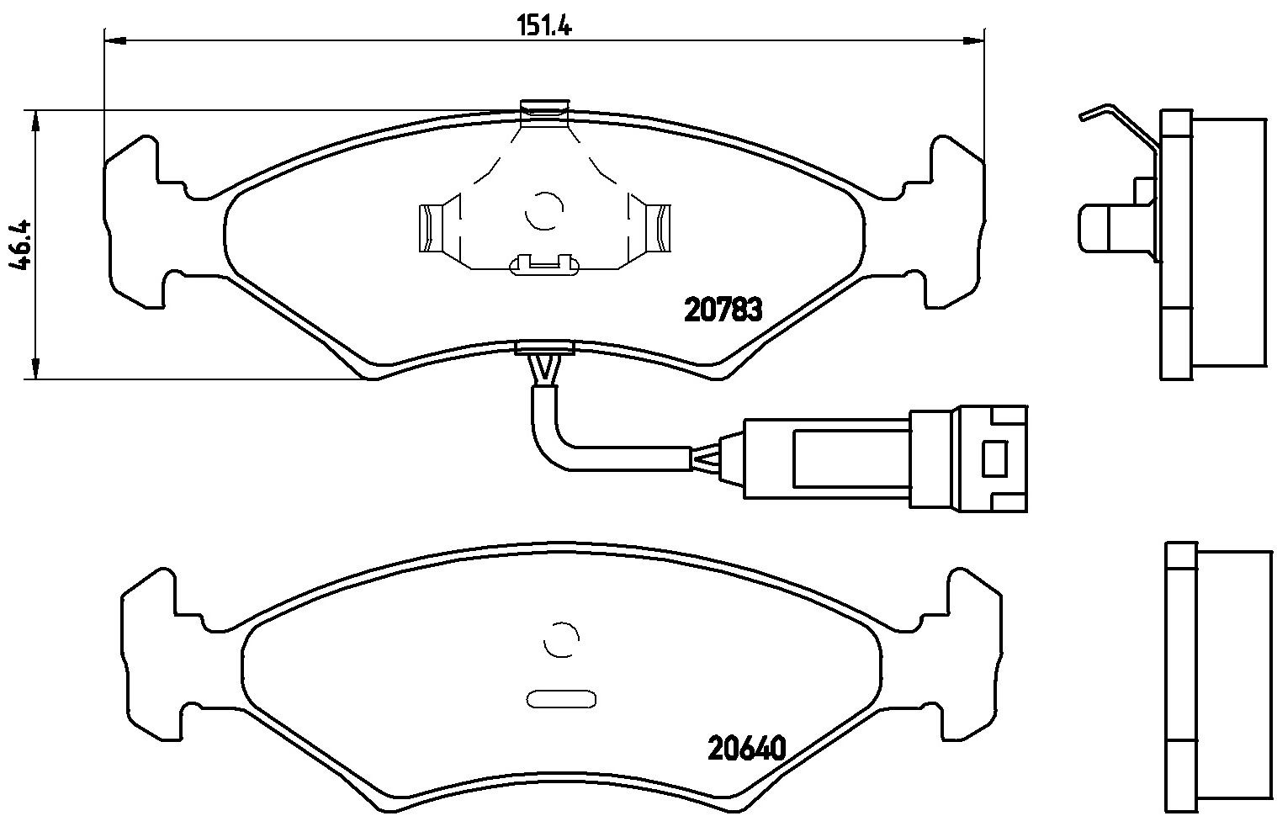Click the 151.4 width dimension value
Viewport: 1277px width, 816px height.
[544, 26]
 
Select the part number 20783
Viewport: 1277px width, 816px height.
[723, 310]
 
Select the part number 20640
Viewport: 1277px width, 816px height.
[747, 748]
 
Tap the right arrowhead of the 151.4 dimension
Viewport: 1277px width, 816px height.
[973, 40]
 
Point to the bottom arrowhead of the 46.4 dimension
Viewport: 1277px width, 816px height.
[35, 368]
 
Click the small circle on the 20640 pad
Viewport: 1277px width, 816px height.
[562, 640]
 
